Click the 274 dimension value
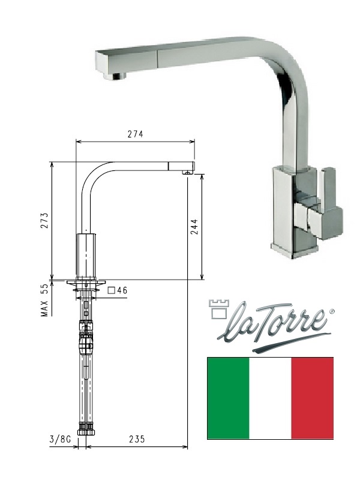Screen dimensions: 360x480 point(136,134)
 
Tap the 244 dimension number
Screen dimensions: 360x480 point(194,227)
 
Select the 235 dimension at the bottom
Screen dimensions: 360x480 point(137,439)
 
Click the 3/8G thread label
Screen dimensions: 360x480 point(60,439)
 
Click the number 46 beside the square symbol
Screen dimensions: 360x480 point(122,290)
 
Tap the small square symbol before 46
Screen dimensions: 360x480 point(112,290)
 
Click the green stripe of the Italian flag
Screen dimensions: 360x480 point(229,398)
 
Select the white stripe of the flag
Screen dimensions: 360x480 point(271,398)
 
